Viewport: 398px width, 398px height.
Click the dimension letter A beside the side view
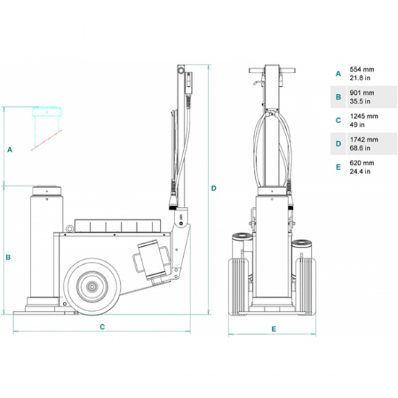tap(10, 150)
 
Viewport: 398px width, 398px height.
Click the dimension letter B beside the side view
tap(9, 256)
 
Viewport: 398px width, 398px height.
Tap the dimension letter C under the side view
tap(103, 327)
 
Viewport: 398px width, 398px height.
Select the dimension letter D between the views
tap(213, 188)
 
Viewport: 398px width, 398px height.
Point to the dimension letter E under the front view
tap(274, 329)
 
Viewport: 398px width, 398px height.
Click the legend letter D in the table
tap(337, 144)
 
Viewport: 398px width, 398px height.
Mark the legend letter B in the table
tap(337, 96)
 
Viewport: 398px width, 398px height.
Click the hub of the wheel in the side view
tap(93, 287)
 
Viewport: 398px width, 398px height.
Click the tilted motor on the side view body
tap(151, 258)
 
